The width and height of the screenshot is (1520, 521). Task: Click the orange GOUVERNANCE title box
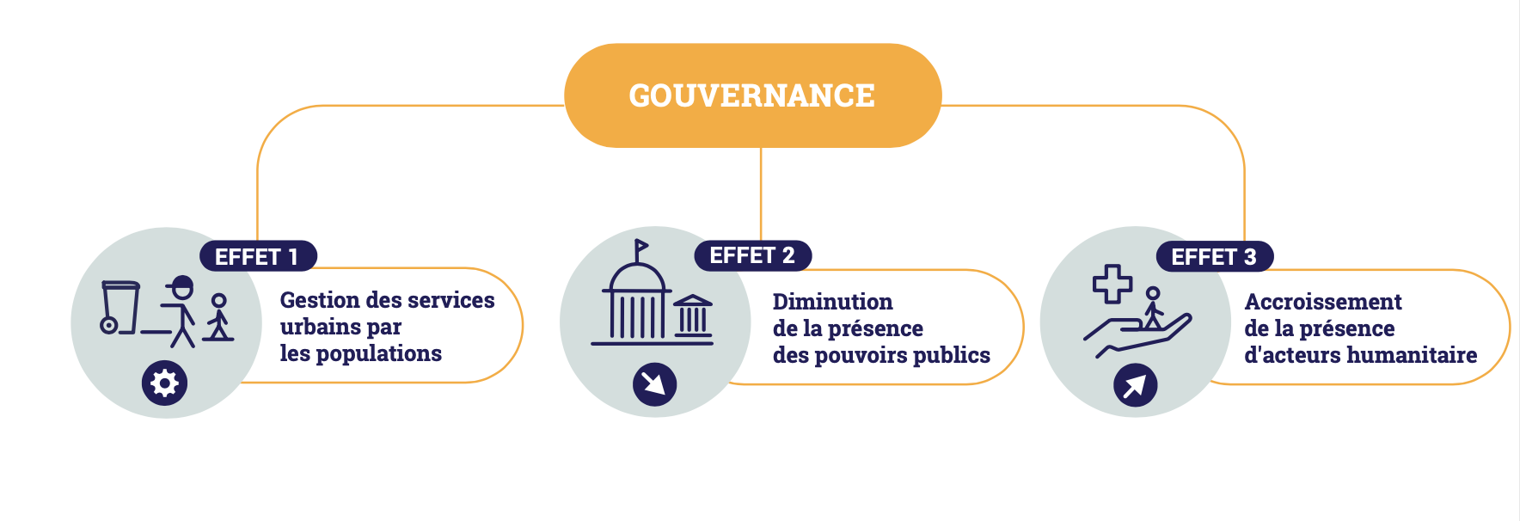752,95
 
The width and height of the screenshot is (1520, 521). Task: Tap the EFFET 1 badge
257,256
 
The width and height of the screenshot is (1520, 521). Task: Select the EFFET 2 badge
752,255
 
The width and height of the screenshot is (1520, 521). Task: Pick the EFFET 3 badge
1214,256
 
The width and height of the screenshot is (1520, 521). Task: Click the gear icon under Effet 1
164,383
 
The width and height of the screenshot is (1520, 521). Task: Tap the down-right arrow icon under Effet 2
654,384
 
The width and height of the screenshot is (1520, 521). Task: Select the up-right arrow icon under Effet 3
1135,385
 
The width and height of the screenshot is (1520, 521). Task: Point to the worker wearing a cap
181,310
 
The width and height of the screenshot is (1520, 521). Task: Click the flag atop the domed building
640,248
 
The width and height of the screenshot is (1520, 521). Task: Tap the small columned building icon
692,316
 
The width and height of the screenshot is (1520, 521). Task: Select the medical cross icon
1112,284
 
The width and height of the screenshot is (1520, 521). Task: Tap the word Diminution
832,302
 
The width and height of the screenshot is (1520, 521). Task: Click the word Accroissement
1322,302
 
